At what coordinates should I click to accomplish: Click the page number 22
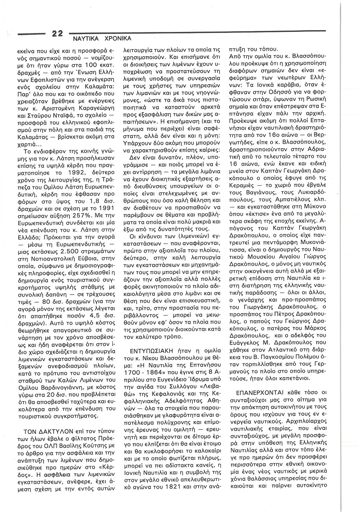[57, 34]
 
